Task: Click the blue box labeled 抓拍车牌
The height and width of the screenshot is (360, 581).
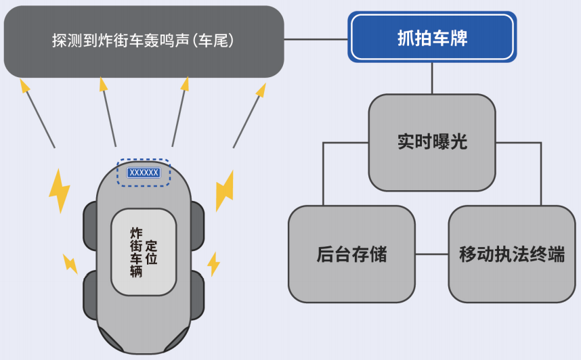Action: (x=432, y=38)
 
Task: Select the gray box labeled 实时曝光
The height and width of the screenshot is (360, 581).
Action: (x=432, y=142)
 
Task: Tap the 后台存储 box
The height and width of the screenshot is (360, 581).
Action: (x=351, y=254)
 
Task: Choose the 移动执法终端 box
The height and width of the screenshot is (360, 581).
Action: (x=511, y=254)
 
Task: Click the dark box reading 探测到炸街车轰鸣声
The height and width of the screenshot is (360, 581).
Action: (x=143, y=41)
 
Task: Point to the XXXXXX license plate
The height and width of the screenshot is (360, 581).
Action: (x=144, y=173)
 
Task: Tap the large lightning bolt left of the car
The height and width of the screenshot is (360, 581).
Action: (x=60, y=189)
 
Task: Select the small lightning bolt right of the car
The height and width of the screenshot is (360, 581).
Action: (x=213, y=263)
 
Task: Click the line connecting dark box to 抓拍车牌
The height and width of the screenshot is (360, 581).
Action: (x=316, y=39)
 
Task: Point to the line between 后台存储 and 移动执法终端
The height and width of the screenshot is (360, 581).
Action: (x=431, y=255)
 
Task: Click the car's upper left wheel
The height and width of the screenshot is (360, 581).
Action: (x=89, y=225)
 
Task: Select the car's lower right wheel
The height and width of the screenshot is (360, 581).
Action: (x=197, y=295)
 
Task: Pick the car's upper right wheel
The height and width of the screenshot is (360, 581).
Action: (x=197, y=225)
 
